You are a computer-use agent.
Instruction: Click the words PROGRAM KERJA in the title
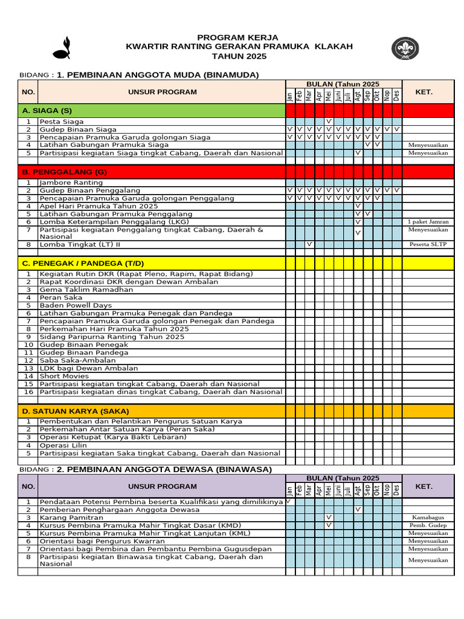[x=238, y=37]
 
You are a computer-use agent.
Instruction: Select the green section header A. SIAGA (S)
[x=47, y=111]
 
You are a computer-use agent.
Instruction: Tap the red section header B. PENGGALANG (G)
[x=64, y=172]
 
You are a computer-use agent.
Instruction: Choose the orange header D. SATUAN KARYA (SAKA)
[x=76, y=411]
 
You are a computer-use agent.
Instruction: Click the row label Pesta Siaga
[x=62, y=122]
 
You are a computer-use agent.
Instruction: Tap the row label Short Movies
[x=65, y=376]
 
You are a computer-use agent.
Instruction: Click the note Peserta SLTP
[x=428, y=244]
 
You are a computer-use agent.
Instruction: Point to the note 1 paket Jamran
[x=428, y=222]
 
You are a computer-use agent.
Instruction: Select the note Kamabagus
[x=428, y=517]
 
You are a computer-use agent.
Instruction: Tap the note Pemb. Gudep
[x=428, y=525]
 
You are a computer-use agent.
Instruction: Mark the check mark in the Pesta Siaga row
[x=329, y=122]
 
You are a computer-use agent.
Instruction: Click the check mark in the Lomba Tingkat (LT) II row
[x=309, y=244]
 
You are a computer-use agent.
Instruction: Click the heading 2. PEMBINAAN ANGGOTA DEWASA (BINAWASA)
[x=164, y=469]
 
